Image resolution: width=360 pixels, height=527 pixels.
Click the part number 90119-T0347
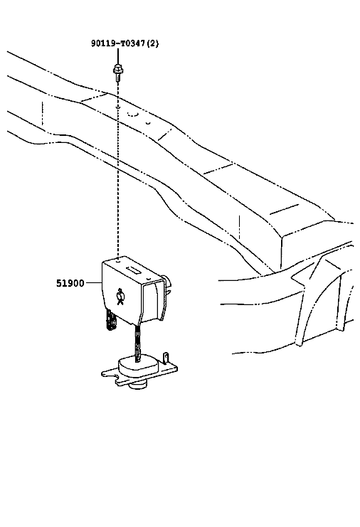pyautogui.click(x=118, y=43)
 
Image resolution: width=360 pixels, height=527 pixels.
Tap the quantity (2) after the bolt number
pyautogui.click(x=153, y=43)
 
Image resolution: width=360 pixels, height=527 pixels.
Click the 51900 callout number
pyautogui.click(x=70, y=283)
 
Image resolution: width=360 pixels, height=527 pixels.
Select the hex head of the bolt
pyautogui.click(x=117, y=68)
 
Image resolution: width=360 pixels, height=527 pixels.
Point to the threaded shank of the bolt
pyautogui.click(x=117, y=78)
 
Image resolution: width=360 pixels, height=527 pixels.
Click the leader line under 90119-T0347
pyautogui.click(x=118, y=55)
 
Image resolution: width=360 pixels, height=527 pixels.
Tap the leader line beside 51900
pyautogui.click(x=94, y=283)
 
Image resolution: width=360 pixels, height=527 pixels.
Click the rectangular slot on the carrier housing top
pyautogui.click(x=134, y=270)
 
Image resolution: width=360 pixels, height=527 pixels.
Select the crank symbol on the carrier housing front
pyautogui.click(x=120, y=296)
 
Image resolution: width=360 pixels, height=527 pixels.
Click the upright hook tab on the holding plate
pyautogui.click(x=165, y=358)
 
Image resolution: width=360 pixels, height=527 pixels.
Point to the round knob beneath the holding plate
pyautogui.click(x=139, y=385)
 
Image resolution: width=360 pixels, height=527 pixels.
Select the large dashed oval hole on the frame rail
pyautogui.click(x=133, y=114)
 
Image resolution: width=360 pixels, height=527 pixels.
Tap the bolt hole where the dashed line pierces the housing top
pyautogui.click(x=118, y=260)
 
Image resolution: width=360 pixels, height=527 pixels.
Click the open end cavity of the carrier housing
pyautogui.click(x=153, y=302)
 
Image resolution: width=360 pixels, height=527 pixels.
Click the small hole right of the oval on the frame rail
pyautogui.click(x=148, y=122)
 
